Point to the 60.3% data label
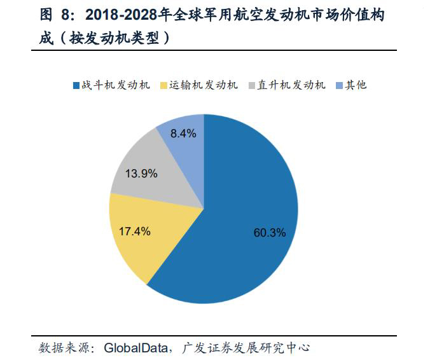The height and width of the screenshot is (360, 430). pyautogui.click(x=270, y=232)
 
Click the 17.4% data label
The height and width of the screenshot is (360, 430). pyautogui.click(x=135, y=232)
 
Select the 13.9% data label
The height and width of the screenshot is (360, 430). pyautogui.click(x=141, y=173)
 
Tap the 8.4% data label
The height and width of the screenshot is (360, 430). pyautogui.click(x=184, y=133)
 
